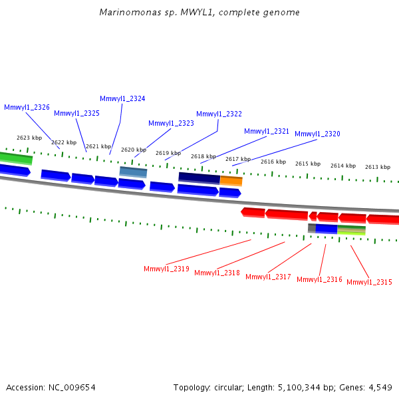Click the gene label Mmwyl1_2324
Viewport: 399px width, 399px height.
122,98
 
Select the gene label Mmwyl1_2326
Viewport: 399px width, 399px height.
27,107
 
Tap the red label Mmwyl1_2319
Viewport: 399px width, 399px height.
166,269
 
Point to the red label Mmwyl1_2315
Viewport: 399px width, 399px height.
369,282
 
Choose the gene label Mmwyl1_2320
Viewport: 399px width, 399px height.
317,134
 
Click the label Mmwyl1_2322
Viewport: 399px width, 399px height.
219,114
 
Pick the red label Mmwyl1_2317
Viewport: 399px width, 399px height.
268,277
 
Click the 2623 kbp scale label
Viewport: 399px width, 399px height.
29,138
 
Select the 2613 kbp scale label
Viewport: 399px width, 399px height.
378,167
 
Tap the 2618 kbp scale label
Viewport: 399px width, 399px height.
203,156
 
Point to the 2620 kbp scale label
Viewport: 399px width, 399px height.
134,150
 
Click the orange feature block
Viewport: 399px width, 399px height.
231,181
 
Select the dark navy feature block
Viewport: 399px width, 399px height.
199,178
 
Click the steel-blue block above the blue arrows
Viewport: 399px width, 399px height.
133,172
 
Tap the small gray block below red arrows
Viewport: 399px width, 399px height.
312,228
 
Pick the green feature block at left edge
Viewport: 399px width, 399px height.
16,158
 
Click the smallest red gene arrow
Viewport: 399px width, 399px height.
313,216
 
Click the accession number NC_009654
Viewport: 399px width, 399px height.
72,388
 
